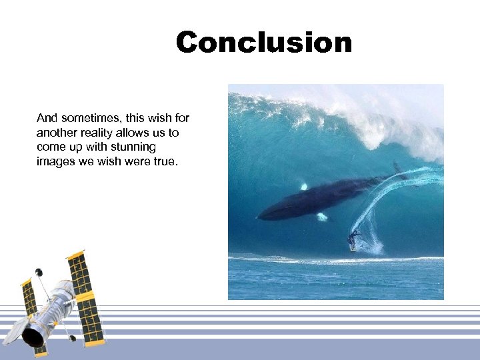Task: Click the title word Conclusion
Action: (x=263, y=43)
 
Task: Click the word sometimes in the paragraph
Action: (x=84, y=118)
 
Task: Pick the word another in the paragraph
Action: (x=56, y=133)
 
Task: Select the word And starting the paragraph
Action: (x=47, y=118)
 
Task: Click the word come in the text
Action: (x=51, y=147)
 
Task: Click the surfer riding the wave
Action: (x=353, y=239)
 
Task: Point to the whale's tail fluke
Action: (x=398, y=171)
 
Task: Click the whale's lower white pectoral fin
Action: (x=321, y=217)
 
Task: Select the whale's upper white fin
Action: (x=304, y=187)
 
